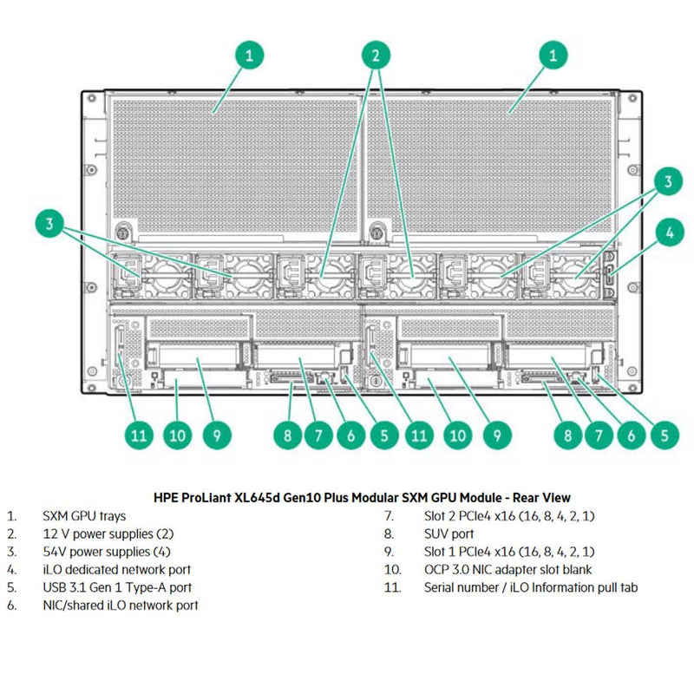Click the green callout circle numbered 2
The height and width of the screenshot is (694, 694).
point(376,56)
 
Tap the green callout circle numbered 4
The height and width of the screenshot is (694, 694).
point(669,232)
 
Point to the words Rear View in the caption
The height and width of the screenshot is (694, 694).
point(542,498)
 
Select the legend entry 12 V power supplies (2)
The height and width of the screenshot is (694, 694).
point(108,534)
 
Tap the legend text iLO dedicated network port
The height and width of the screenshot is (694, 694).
point(117,570)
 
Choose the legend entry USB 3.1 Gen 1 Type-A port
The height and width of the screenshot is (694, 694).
point(117,587)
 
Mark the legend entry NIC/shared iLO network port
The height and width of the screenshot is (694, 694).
point(121,606)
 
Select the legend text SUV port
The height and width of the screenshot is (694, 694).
point(449,534)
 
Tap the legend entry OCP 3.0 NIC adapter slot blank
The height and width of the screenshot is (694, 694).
point(507,570)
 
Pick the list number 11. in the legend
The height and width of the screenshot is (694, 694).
point(394,587)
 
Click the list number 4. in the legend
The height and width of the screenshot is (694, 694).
point(11,570)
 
